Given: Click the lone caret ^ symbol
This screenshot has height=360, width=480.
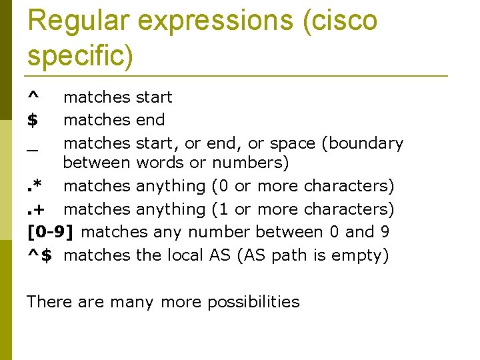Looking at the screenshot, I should click(32, 97).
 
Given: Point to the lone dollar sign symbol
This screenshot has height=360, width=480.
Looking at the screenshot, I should click(32, 120).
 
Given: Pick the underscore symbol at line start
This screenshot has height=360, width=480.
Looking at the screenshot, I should click(32, 148).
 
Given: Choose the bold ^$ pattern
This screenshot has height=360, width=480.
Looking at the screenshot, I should click(39, 255).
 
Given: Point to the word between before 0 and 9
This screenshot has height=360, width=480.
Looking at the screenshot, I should click(289, 232).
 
